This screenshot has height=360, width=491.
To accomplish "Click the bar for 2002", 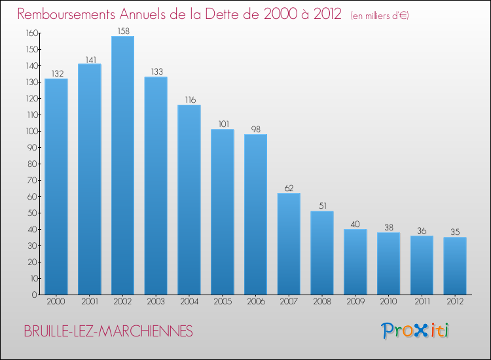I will (x=122, y=165).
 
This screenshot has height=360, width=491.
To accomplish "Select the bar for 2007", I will (x=289, y=243).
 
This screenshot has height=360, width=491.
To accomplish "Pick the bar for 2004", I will (x=189, y=200).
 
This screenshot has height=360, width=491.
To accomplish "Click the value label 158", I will (x=122, y=31).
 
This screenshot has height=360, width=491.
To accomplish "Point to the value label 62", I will (x=289, y=188).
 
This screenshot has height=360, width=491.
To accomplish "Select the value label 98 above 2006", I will (x=255, y=129).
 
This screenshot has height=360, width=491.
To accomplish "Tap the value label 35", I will (x=455, y=232).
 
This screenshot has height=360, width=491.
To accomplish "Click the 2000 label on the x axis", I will (x=56, y=302).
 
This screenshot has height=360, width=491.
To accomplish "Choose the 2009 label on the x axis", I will (x=355, y=302).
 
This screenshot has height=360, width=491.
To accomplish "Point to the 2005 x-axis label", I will (x=223, y=302).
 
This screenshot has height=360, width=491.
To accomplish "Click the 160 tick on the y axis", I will (x=30, y=33).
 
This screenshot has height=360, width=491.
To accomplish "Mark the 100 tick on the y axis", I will (x=30, y=131).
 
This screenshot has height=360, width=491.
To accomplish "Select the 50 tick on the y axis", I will (x=32, y=213).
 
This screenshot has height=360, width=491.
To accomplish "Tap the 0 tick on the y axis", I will (x=34, y=295).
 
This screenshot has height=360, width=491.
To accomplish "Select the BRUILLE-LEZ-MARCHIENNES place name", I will (x=109, y=332).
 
